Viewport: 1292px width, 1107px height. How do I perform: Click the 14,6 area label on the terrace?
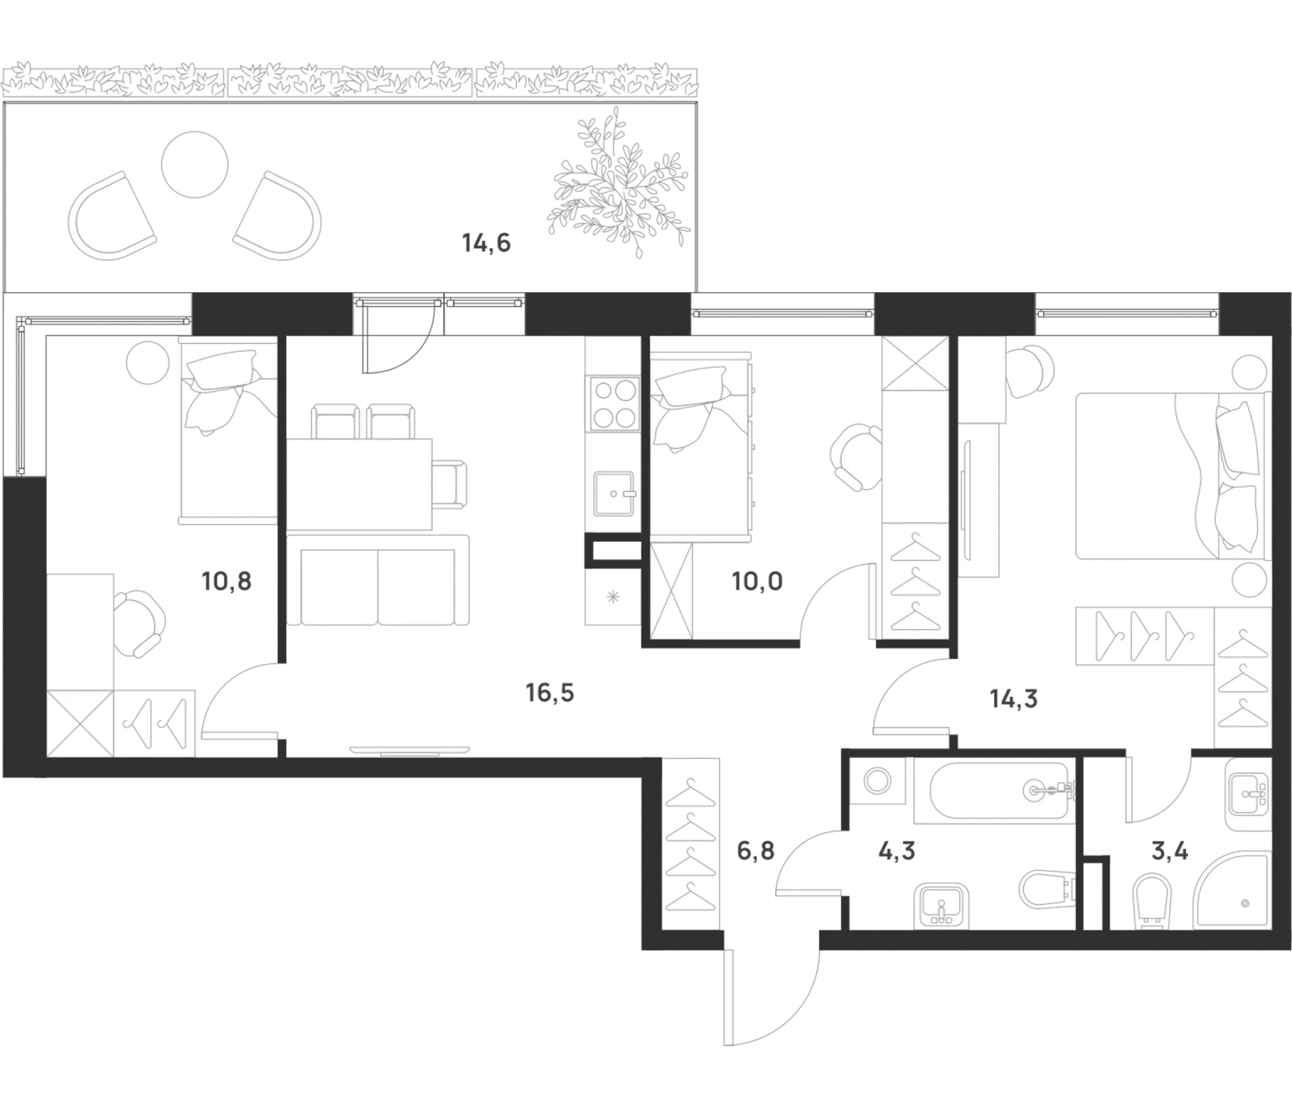487,243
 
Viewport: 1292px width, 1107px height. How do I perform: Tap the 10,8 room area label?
226,582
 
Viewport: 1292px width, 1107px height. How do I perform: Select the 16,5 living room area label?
549,692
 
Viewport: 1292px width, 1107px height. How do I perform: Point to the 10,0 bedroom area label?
757,582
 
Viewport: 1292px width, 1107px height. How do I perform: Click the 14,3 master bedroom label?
1013,699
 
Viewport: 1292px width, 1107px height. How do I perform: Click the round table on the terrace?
194,165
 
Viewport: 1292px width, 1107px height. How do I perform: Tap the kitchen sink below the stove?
614,494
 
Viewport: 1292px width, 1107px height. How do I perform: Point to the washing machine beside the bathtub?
877,780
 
